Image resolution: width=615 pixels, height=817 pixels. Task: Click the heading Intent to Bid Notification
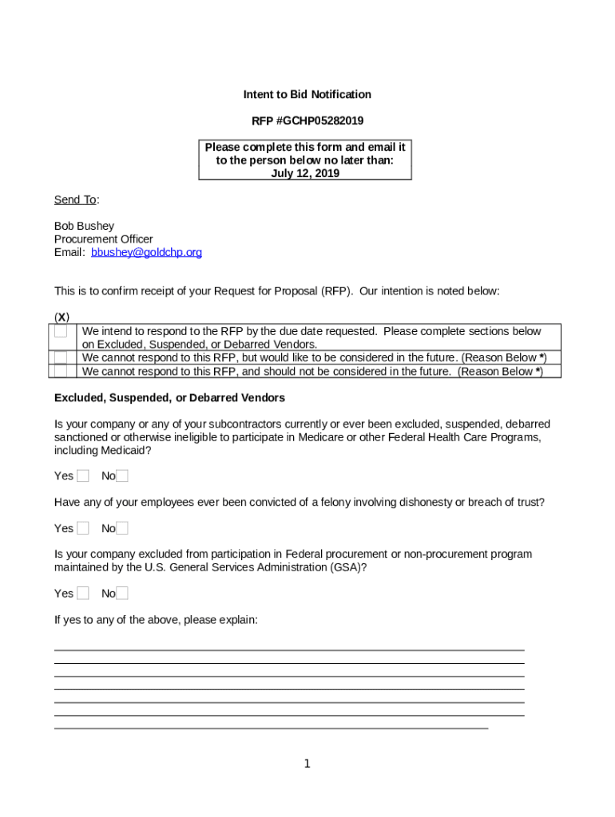coord(307,94)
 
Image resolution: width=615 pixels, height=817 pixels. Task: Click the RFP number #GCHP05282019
coord(307,121)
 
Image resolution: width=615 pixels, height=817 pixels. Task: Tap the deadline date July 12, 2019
coord(304,173)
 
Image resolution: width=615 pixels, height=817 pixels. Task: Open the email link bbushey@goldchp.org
coord(146,252)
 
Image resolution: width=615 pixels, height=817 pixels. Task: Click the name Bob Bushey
coord(84,226)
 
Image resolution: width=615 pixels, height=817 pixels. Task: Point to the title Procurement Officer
coord(103,239)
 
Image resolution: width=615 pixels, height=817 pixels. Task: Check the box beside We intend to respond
coord(61,331)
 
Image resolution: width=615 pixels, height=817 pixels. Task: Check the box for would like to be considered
coord(61,357)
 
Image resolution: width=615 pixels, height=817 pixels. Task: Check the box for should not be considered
coord(61,371)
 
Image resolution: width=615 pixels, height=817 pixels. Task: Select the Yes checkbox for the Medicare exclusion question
coord(83,476)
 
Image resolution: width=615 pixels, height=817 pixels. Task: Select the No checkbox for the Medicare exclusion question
coord(122,476)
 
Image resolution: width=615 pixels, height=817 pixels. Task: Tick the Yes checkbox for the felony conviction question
coord(83,528)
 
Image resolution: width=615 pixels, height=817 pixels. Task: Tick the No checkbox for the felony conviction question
coord(122,528)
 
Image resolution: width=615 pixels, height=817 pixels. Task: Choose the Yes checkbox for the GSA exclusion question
coord(83,593)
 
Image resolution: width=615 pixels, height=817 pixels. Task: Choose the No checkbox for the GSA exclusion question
coord(122,593)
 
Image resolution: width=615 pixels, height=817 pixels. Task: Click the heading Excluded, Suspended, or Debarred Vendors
coord(169,397)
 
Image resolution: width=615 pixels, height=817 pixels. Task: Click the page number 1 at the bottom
coord(307,764)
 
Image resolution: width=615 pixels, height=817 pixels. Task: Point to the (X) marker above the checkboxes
coord(61,318)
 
